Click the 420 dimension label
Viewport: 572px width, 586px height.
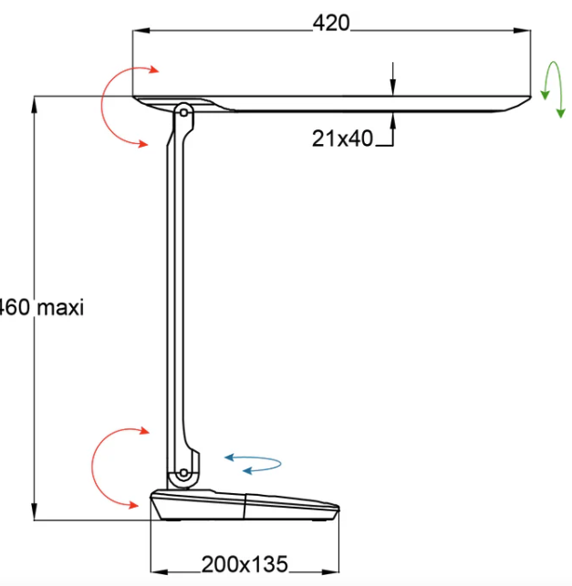(330, 23)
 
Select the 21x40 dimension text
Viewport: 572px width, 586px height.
(343, 139)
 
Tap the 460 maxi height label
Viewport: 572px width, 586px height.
(40, 308)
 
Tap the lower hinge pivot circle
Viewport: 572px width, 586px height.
(183, 474)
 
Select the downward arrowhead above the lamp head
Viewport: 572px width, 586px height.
(392, 88)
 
